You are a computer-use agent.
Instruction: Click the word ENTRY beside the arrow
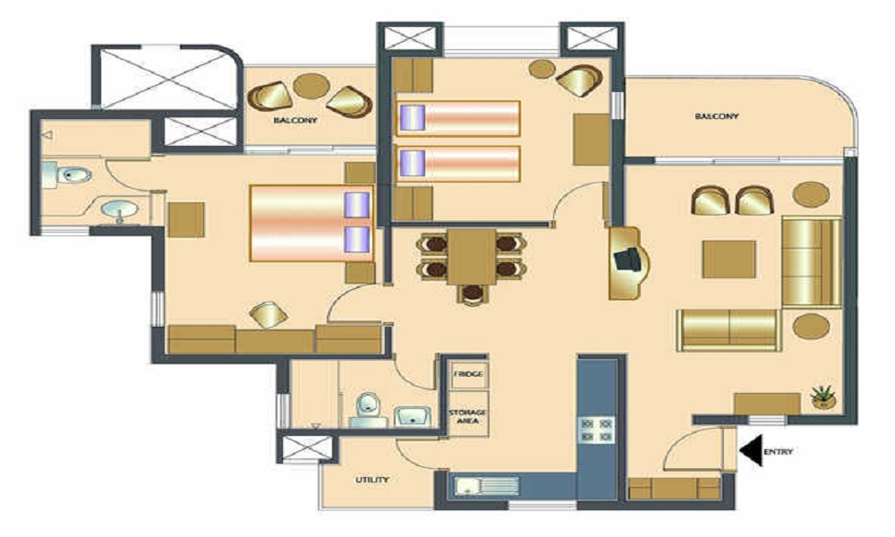780,453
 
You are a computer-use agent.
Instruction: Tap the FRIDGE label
467,373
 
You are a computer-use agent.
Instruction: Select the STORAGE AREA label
467,417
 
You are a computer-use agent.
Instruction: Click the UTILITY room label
371,481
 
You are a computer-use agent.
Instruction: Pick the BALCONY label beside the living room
716,116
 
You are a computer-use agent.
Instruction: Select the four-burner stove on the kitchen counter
597,428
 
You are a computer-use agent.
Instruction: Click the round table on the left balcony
311,86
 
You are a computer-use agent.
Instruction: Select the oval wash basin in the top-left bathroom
118,211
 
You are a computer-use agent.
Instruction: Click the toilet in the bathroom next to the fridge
365,410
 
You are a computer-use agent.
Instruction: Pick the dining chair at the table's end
472,293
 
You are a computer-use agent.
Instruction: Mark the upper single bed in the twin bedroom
458,118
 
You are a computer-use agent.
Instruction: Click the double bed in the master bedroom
309,225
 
